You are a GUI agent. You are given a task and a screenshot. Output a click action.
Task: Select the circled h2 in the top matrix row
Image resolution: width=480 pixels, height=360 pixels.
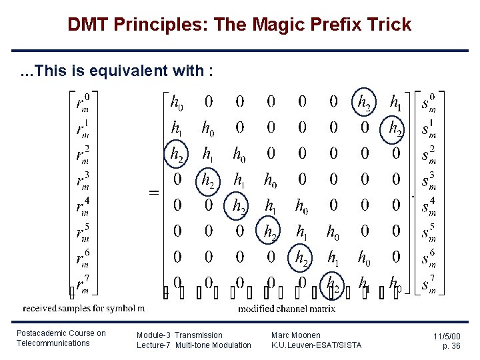pyautogui.click(x=365, y=102)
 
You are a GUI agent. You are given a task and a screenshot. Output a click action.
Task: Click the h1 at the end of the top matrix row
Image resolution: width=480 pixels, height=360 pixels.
pyautogui.click(x=396, y=102)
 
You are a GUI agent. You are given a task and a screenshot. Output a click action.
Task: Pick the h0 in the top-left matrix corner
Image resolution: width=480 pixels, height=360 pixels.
pyautogui.click(x=177, y=102)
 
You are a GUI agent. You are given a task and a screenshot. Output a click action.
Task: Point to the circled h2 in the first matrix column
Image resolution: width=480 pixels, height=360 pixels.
pyautogui.click(x=177, y=155)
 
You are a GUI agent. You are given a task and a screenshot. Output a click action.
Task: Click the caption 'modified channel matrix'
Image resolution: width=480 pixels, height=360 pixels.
pyautogui.click(x=287, y=309)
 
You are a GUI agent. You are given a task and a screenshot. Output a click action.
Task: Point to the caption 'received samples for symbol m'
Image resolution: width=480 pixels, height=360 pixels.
pyautogui.click(x=83, y=309)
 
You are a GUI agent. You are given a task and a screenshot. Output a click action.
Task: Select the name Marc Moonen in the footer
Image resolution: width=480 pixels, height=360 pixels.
pyautogui.click(x=296, y=335)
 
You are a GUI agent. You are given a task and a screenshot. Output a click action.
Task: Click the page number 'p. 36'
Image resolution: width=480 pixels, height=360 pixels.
pyautogui.click(x=451, y=347)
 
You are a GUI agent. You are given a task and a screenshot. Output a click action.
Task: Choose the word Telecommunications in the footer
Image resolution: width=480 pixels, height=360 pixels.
pyautogui.click(x=53, y=343)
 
